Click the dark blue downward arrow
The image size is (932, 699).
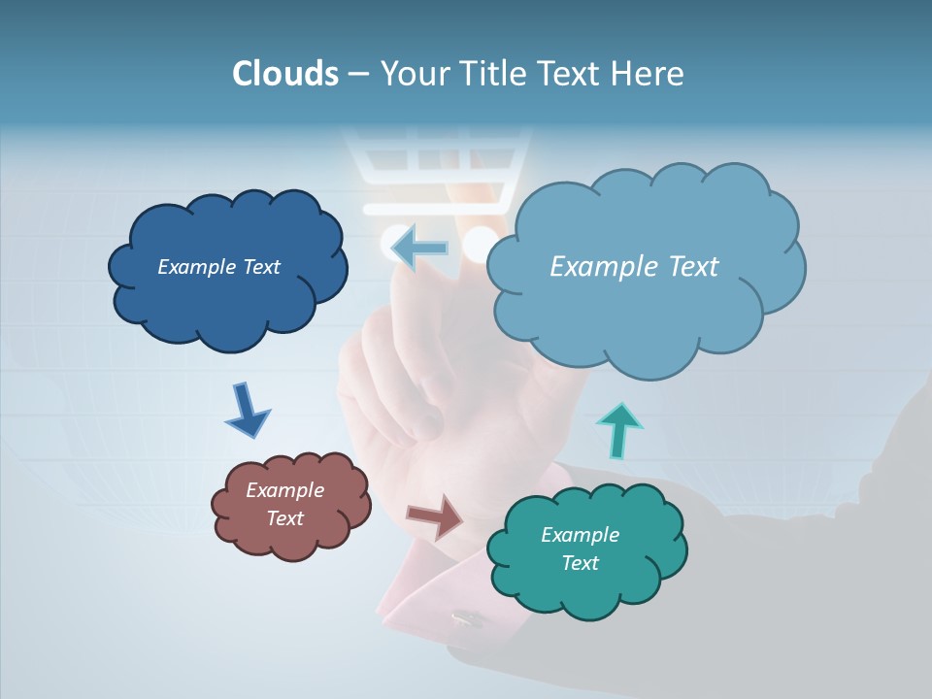click(247, 410)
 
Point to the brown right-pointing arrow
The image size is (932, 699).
click(436, 516)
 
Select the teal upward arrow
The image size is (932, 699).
click(618, 430)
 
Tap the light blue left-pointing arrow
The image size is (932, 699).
click(418, 248)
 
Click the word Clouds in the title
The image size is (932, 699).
click(285, 74)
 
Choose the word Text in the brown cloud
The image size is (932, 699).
click(285, 518)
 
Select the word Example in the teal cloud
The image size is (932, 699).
click(580, 535)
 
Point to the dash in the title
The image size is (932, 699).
click(358, 74)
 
